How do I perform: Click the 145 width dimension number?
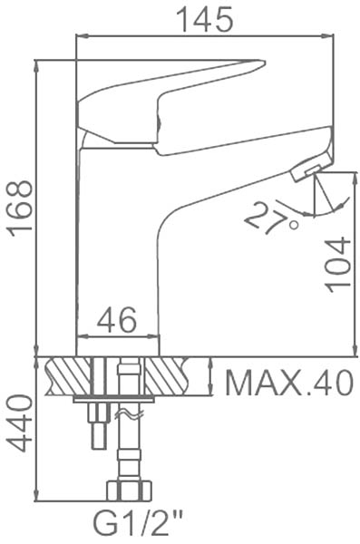205,19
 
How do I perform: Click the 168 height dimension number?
21,209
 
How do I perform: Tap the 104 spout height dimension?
336,265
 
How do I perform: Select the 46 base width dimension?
117,319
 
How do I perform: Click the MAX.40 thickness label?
289,383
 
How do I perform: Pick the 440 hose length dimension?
19,423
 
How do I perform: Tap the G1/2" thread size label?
137,525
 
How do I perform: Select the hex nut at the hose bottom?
129,491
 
